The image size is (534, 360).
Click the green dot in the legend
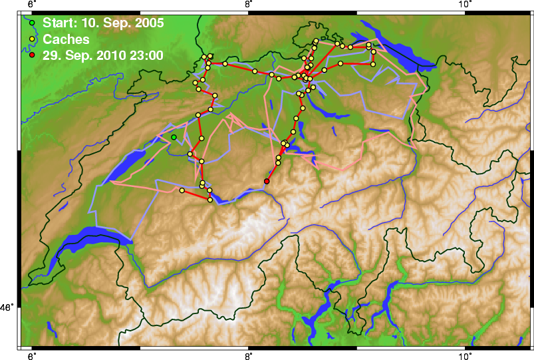tap(32, 24)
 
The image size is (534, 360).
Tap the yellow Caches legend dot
tap(32, 40)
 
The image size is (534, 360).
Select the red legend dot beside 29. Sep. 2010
tap(32, 56)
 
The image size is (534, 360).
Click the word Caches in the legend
tap(66, 40)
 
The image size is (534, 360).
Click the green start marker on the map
tap(174, 137)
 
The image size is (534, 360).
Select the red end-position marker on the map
tap(267, 181)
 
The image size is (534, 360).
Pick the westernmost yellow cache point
tap(182, 190)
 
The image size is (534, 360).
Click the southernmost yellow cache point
tap(210, 200)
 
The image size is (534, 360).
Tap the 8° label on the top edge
tap(248, 5)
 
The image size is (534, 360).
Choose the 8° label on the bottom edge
tap(248, 355)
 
